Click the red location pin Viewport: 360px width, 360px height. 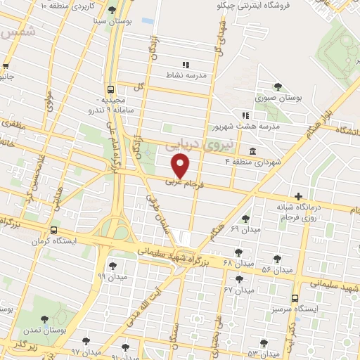point(181,166)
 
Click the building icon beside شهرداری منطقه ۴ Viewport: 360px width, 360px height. point(252,152)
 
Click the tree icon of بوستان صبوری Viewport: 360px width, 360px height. point(278,87)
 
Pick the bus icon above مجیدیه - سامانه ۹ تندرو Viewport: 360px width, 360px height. point(111,89)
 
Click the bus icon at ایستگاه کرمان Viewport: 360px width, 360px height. point(54,229)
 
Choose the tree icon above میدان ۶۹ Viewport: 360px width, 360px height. point(245,219)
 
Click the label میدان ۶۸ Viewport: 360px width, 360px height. point(236,263)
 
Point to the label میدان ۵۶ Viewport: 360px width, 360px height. point(276,270)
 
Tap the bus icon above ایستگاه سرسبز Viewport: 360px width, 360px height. point(295,297)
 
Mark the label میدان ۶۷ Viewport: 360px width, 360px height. point(238,290)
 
